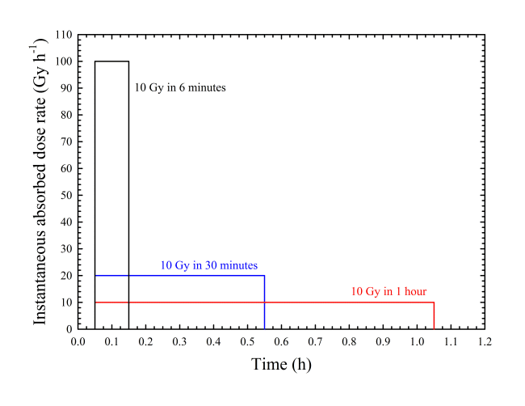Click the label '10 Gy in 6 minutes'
[x=180, y=88]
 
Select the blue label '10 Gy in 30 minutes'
[x=209, y=265]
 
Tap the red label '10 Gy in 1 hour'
[x=388, y=291]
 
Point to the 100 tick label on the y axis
[x=64, y=61]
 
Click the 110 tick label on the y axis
[x=64, y=35]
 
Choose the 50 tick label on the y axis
[x=66, y=195]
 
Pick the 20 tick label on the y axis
[x=66, y=276]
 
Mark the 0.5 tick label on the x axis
[x=247, y=341]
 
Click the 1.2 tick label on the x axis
[x=485, y=341]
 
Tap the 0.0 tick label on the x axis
[x=78, y=341]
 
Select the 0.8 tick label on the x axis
[x=349, y=341]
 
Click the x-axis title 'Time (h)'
[x=281, y=365]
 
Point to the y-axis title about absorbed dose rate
[x=40, y=182]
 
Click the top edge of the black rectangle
[x=111, y=61]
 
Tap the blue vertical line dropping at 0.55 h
[x=264, y=302]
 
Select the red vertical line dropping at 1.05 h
[x=434, y=315]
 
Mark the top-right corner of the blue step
[x=264, y=276]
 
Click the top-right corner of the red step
[x=434, y=302]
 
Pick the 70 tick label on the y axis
[x=66, y=142]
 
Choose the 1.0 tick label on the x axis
[x=417, y=341]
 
